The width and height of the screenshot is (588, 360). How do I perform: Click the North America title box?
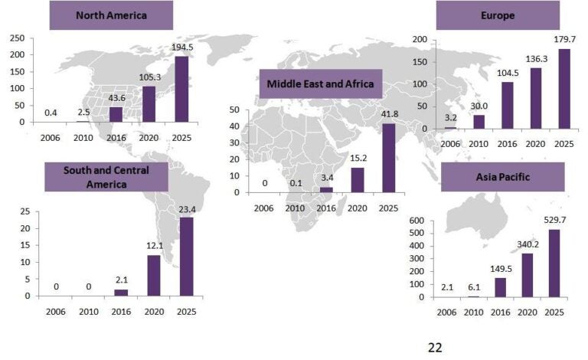pos(111,15)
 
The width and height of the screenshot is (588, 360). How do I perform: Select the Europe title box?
pos(498,15)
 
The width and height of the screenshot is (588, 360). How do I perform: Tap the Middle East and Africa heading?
pos(320,83)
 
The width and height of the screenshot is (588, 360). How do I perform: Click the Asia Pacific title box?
pos(502,177)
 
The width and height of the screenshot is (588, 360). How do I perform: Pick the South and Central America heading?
pos(106,176)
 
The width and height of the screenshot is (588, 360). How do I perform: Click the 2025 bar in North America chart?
pos(181,89)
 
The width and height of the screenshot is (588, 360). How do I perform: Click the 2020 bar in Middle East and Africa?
pos(358,179)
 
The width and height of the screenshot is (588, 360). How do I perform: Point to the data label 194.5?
pos(181,47)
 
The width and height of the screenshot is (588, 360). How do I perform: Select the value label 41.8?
pos(390,114)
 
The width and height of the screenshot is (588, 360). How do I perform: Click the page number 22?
pos(435,348)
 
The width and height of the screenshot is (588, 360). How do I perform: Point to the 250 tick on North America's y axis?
pos(16,38)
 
